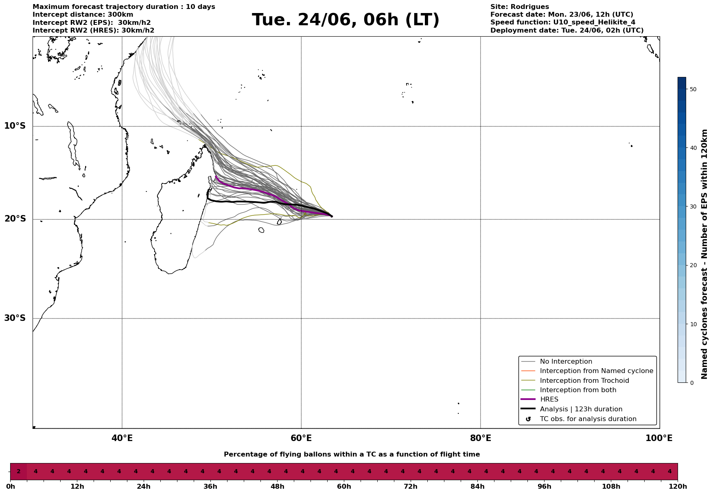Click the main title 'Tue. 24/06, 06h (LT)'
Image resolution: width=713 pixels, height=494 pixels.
pos(346,20)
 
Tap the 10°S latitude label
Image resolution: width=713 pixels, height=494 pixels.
pos(15,126)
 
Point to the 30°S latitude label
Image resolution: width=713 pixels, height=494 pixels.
pos(15,318)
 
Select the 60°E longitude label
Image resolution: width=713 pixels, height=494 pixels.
pos(301,438)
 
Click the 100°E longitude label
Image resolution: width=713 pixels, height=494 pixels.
pos(659,438)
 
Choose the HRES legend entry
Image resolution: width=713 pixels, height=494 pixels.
pos(549,400)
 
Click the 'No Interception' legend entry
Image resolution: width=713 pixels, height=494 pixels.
pos(566,362)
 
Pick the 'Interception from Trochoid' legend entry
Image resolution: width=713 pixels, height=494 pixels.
pos(584,381)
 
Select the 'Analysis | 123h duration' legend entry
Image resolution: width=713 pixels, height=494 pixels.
pos(581,409)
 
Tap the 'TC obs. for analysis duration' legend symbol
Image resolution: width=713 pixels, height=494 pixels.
pos(528,419)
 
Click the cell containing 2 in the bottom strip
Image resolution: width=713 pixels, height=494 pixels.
pos(18,472)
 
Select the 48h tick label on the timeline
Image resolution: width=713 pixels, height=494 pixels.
pos(277,486)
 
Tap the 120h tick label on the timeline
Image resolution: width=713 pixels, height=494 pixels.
pos(677,486)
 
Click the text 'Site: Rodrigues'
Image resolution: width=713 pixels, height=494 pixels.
pos(519,7)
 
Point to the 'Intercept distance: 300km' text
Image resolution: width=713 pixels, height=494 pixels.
pos(83,15)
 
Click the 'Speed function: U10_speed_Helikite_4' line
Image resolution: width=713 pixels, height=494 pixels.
pos(562,22)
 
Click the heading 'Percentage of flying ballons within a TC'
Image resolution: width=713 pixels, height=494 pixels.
pos(352,454)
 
